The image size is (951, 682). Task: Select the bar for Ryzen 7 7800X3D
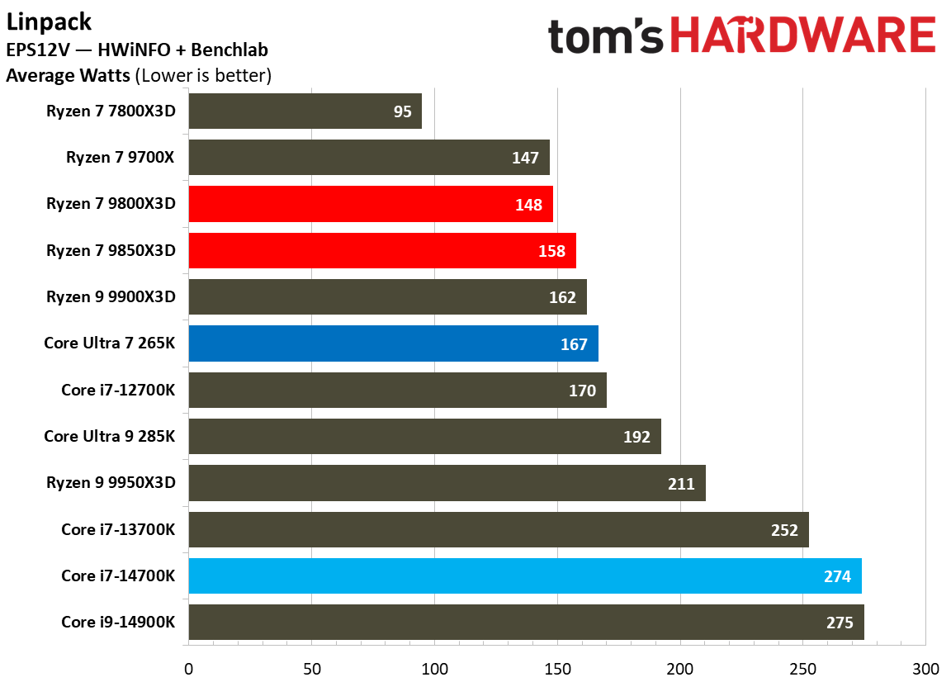[305, 111]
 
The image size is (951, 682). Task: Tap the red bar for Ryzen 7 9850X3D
[381, 250]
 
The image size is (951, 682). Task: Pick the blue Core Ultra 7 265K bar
[393, 343]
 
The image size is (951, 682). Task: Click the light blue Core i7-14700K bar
[524, 576]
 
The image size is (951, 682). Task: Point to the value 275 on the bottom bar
[839, 623]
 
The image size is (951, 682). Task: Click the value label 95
[402, 111]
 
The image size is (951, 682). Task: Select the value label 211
[681, 483]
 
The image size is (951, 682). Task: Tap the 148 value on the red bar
[528, 205]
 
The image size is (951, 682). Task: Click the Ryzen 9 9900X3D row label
[111, 297]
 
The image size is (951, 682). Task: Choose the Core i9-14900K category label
[118, 622]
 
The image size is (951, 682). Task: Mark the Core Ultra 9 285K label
[109, 436]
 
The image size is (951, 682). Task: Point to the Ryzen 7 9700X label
[121, 158]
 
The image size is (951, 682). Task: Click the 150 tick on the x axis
[557, 668]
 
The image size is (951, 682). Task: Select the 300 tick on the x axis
[925, 668]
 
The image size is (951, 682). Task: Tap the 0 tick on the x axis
[189, 668]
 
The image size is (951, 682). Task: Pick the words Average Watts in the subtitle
[68, 76]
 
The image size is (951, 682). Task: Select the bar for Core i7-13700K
[499, 529]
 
